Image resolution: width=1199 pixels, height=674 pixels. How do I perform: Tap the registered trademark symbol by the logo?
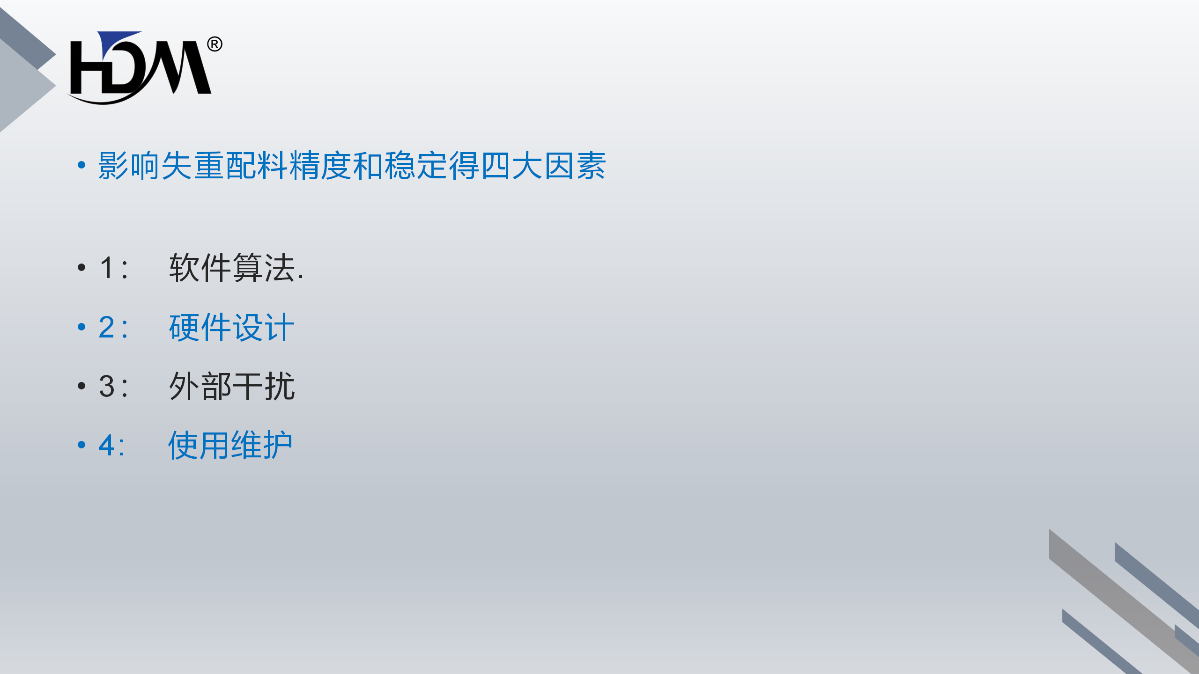(215, 44)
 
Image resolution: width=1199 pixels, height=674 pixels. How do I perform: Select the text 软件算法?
(232, 268)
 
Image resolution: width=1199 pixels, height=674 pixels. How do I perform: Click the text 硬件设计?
(232, 327)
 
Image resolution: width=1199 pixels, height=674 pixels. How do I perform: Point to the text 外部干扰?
(232, 387)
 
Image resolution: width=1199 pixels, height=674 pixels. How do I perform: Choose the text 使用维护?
(230, 445)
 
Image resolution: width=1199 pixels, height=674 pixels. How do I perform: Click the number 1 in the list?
(107, 268)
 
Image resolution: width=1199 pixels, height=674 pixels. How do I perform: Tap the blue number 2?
(107, 327)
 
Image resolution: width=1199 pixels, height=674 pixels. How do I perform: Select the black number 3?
(107, 387)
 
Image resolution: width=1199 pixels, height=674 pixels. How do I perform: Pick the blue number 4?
(107, 445)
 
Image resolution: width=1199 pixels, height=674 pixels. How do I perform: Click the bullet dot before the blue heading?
(81, 165)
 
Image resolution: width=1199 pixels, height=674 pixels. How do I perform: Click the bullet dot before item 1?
(81, 268)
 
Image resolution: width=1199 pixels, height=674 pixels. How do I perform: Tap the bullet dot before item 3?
(81, 386)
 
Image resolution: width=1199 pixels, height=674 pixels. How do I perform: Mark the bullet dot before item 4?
(81, 445)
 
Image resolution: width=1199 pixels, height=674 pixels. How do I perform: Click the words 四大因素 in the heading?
(543, 166)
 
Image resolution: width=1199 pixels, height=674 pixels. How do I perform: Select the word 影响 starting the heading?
(129, 166)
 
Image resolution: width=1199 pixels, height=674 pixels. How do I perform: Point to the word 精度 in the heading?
(320, 166)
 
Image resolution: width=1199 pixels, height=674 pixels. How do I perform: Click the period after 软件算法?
(301, 278)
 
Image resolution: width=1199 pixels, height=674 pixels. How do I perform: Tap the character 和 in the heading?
(368, 166)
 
